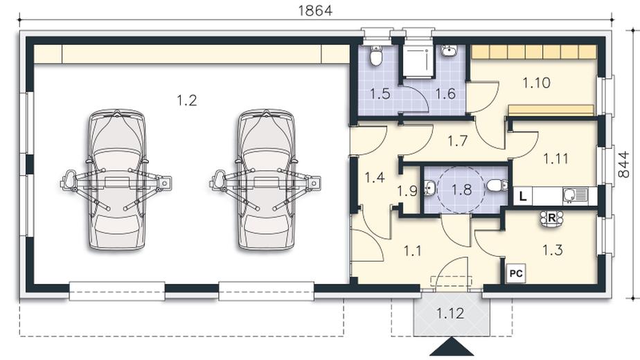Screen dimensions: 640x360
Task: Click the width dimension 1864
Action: [315, 10]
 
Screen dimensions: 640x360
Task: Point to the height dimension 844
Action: [623, 165]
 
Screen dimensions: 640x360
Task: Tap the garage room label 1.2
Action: [187, 100]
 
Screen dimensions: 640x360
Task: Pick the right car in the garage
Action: [266, 179]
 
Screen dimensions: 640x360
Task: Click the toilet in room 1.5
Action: [375, 55]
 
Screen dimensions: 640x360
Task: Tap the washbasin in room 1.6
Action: [450, 51]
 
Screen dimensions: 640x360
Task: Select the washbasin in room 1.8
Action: [430, 188]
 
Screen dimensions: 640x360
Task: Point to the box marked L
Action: [523, 197]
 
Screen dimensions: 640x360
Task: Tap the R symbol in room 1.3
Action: [551, 218]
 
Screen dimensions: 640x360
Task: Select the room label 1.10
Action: [536, 83]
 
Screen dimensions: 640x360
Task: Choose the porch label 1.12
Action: [450, 314]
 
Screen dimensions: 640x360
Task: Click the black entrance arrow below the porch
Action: [452, 347]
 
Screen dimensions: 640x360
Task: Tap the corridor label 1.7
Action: [457, 141]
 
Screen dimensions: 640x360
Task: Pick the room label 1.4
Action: [375, 177]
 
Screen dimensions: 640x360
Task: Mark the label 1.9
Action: [407, 190]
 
